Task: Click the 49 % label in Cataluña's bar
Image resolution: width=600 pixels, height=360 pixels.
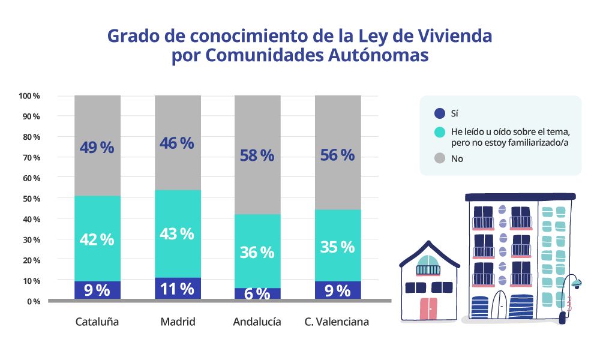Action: (x=97, y=147)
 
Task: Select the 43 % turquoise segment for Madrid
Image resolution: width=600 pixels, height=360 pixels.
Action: (x=178, y=233)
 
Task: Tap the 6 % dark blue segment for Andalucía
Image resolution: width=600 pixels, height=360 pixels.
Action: (x=257, y=293)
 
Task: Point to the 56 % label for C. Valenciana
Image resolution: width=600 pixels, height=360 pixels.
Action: (x=338, y=155)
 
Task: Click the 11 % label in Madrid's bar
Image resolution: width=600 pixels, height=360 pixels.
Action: (x=178, y=289)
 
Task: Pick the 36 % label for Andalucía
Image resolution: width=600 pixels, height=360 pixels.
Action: (x=257, y=253)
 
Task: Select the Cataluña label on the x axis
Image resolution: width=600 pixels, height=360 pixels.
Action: (x=97, y=322)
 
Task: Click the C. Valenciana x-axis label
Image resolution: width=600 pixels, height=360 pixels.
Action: (x=337, y=322)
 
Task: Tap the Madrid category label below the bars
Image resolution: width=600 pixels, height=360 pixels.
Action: (x=178, y=322)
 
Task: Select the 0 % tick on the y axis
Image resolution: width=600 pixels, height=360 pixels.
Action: (x=33, y=301)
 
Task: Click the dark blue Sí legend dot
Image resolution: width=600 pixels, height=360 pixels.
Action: (x=439, y=113)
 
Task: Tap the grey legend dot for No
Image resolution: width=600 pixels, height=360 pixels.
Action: (x=439, y=159)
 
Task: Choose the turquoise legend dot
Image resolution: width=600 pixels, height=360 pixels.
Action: (x=439, y=132)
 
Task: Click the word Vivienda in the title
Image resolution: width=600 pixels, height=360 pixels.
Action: (x=458, y=36)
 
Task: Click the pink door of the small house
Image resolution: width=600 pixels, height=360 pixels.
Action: (x=429, y=308)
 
